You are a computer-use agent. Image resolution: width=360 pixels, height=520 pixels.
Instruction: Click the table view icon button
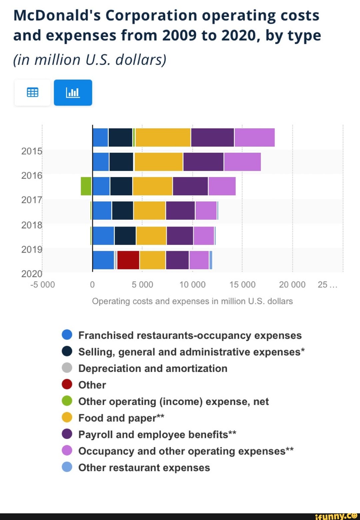pos(32,92)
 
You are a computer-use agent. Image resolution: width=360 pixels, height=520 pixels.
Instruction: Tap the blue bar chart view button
pos(73,92)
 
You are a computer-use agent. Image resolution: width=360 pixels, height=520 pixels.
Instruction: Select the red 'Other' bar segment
pos(128,260)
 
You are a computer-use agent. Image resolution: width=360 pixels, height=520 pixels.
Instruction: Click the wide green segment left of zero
pos(86,186)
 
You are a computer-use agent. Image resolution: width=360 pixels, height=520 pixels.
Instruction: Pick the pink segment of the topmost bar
pos(254,137)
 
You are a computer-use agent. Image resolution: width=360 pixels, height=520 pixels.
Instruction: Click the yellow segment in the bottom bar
pos(152,260)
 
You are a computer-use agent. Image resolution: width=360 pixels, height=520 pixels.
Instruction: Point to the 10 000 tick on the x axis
pos(192,285)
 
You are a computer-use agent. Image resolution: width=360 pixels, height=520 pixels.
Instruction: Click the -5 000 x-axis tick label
pos(42,285)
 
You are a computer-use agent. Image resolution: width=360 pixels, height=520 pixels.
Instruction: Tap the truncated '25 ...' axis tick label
pos(327,285)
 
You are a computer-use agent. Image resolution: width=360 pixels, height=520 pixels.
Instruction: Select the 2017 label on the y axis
pos(32,200)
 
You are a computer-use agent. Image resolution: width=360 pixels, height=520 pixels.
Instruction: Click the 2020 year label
pos(32,274)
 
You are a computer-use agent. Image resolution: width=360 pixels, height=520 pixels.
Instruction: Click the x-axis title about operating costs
pos(192,301)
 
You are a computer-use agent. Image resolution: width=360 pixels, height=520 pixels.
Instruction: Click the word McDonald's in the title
pos(57,16)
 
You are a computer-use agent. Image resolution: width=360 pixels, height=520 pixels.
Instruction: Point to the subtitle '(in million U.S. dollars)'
pos(89,60)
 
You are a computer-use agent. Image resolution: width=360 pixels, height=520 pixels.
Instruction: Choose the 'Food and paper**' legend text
pos(121,418)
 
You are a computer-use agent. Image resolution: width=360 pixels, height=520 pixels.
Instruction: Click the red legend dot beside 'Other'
pos(67,384)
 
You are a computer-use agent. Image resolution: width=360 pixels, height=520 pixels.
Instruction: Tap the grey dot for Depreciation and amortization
pos(67,368)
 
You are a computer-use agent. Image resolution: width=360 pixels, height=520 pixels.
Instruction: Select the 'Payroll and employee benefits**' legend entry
pos(157,434)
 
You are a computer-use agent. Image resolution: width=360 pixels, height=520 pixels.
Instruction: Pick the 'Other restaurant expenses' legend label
pos(144,468)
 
